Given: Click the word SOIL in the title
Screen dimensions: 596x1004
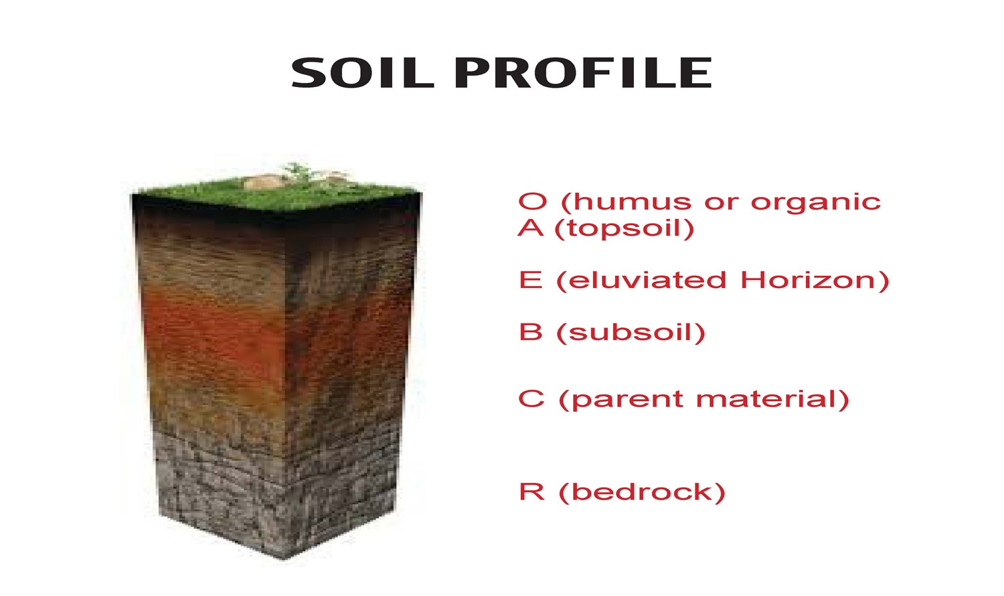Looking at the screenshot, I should pos(362,73).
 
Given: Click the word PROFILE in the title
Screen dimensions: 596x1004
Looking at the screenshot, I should pos(583,73).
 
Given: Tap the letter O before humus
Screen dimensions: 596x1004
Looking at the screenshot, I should pos(533,202).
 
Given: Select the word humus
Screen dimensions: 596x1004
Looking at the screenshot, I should pos(622,202).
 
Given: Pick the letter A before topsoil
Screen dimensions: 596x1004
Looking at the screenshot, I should pos(531,228).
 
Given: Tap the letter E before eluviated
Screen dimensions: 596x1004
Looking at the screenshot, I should pos(530,280).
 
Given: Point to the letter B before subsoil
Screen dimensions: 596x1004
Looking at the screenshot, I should pos(530,332).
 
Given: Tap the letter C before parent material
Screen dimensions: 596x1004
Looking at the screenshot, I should pos(531,399).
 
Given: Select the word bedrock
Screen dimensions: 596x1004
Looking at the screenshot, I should pos(642,492).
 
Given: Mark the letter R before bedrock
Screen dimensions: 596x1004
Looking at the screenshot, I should pos(531,492).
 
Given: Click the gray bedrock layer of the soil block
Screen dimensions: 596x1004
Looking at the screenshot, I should pos(281,496).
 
